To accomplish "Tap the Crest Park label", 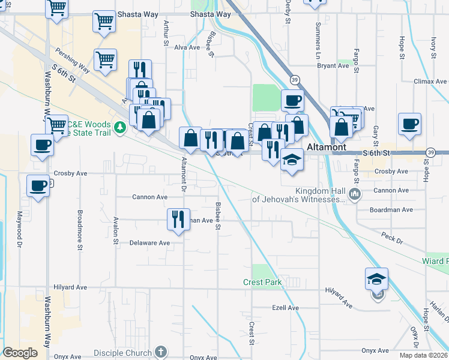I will point(262,282).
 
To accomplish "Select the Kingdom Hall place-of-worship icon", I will point(355,193).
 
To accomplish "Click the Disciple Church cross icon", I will point(160,351).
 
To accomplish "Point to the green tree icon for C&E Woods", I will point(121,127).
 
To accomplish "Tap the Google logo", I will point(20,353).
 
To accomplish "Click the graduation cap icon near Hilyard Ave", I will point(376,280).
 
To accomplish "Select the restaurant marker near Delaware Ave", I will point(178,220).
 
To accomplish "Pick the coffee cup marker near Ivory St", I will point(409,124).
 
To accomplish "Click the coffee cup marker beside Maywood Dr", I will point(38,185).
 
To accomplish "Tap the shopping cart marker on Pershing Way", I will point(105,60).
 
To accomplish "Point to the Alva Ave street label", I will point(186,47).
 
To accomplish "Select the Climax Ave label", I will point(430,81).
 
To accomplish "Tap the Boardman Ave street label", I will point(391,210).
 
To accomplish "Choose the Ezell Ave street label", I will point(285,308).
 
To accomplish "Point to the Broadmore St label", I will point(79,221).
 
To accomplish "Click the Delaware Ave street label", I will point(150,243).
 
